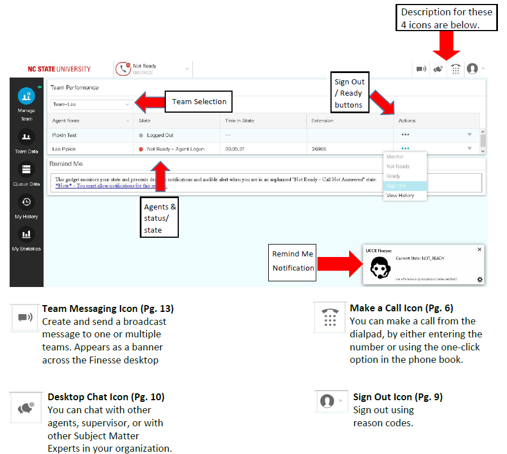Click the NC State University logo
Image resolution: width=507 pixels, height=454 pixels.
click(x=59, y=69)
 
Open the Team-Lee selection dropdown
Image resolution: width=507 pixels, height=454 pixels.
click(x=92, y=104)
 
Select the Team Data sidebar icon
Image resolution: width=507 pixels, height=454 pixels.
click(x=26, y=137)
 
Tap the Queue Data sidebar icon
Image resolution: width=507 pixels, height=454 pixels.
click(x=26, y=169)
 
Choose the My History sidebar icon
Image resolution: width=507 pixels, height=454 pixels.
click(x=26, y=202)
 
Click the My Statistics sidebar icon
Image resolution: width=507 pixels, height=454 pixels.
click(x=26, y=234)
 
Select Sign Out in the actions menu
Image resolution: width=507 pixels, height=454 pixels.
click(x=396, y=186)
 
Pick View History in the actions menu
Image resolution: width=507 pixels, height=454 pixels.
click(x=400, y=195)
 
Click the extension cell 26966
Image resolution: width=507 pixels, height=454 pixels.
click(x=319, y=149)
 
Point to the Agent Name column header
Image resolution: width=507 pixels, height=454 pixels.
click(x=66, y=121)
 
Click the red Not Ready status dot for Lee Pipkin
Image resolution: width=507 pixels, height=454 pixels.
click(x=141, y=149)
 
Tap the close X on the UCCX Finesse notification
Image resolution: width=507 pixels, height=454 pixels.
click(x=480, y=249)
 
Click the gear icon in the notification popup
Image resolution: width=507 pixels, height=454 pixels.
click(x=480, y=279)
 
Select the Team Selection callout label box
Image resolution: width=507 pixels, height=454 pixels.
click(x=199, y=102)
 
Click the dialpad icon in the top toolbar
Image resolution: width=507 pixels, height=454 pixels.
click(x=456, y=69)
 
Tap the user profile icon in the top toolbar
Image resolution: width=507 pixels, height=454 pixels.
click(x=472, y=68)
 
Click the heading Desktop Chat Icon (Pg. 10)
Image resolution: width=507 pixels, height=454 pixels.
click(x=106, y=397)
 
